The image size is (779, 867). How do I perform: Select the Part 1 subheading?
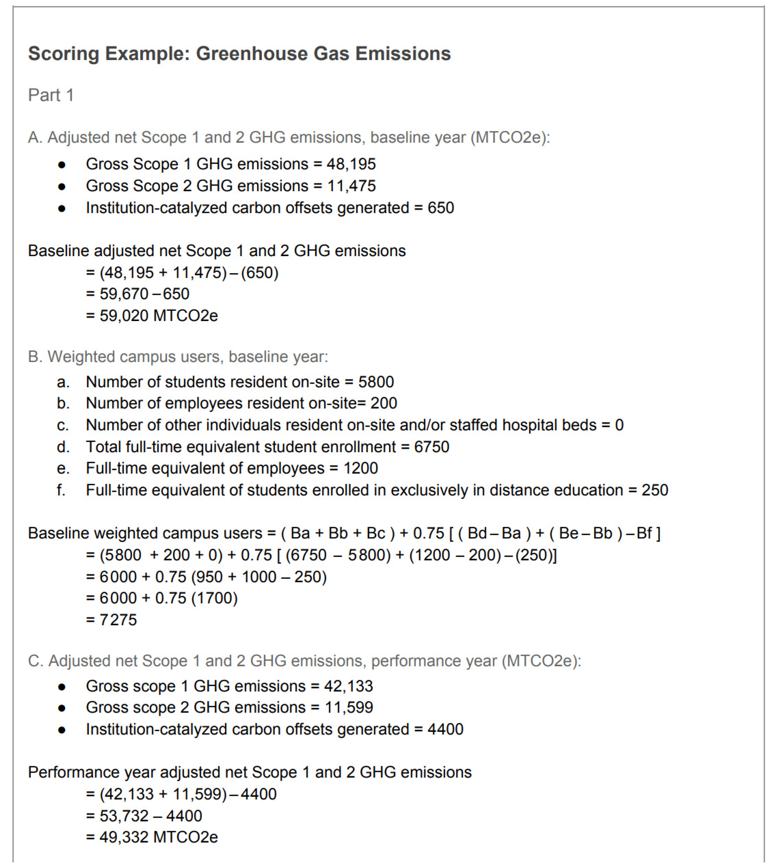click(51, 95)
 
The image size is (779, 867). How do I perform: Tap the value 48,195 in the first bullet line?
click(351, 164)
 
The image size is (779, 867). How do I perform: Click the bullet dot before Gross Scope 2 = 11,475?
click(62, 187)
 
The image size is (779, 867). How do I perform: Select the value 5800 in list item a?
click(376, 382)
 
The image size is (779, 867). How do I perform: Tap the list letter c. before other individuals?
click(63, 425)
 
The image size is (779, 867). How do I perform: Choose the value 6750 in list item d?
click(431, 447)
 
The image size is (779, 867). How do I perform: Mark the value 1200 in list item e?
click(360, 468)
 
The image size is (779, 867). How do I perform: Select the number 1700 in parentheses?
click(214, 598)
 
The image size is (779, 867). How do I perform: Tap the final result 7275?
click(118, 620)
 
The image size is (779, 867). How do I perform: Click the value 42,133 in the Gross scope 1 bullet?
click(348, 686)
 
